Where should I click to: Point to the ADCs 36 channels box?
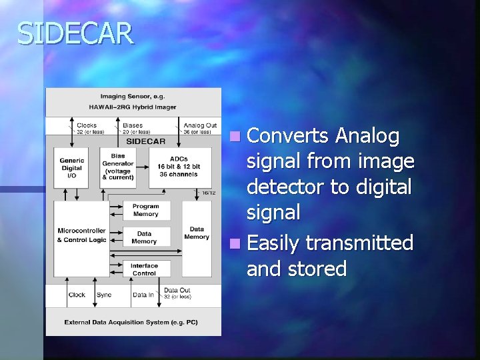click(174, 165)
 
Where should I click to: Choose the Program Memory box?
click(145, 210)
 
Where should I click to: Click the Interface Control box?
click(144, 269)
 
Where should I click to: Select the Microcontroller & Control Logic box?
click(81, 235)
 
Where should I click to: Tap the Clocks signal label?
click(87, 125)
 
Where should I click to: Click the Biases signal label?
click(133, 125)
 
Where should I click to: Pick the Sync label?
click(104, 294)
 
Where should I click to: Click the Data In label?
click(143, 294)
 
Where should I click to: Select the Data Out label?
click(177, 291)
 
